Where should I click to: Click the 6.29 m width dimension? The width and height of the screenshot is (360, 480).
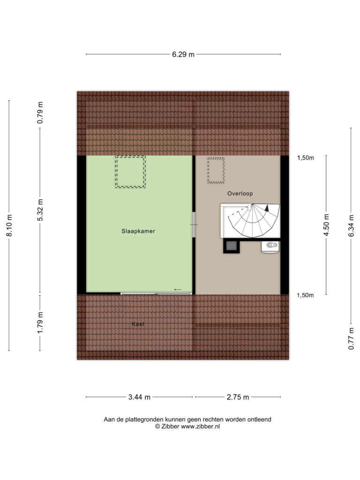point(183,54)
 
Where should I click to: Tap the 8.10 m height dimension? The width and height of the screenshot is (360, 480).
point(9,225)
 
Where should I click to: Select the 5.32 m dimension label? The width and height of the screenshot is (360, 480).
point(40,210)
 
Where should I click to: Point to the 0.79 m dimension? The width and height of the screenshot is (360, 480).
point(40,112)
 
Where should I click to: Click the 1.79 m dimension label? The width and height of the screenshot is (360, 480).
point(40,323)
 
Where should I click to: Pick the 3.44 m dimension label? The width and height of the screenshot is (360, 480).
point(139,397)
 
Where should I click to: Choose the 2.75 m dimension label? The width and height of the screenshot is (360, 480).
point(238,397)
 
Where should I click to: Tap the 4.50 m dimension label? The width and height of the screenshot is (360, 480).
point(326,225)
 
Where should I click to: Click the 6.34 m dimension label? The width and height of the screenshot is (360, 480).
point(351,225)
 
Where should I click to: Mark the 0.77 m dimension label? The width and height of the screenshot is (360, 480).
point(351,338)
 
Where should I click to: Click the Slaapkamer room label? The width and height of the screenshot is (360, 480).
point(138,231)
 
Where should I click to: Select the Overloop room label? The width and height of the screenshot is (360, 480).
point(240,194)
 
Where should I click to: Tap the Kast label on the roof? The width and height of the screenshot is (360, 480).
point(138,324)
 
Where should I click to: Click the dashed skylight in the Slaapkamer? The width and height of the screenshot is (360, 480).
point(115,172)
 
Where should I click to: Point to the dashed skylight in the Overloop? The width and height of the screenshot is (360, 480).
point(208,170)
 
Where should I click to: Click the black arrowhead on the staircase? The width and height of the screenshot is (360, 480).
point(267,208)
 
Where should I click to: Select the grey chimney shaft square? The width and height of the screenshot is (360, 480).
point(231,246)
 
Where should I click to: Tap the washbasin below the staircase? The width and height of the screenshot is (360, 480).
point(270,247)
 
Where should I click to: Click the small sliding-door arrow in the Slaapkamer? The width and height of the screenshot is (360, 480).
point(178,290)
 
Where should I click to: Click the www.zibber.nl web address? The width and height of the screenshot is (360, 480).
point(200,427)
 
